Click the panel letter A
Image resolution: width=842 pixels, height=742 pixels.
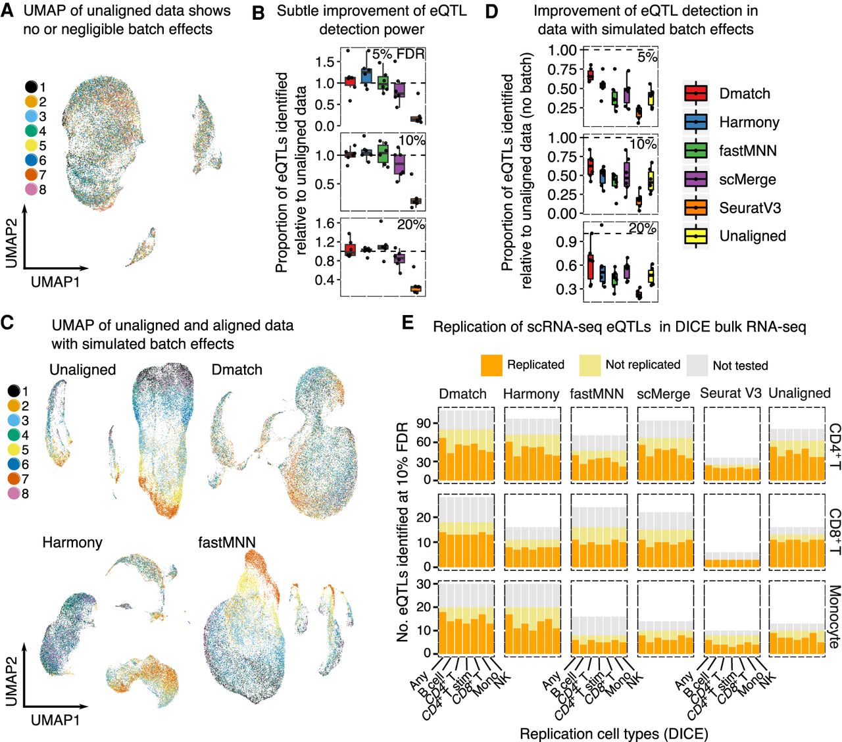click(7, 11)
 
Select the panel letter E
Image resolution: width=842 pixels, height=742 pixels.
click(408, 322)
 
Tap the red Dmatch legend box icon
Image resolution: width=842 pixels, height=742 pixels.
click(696, 93)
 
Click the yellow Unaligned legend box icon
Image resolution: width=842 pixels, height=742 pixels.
click(696, 235)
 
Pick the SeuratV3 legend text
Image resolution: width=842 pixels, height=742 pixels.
click(750, 207)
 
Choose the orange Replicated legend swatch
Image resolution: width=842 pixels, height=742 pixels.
click(491, 365)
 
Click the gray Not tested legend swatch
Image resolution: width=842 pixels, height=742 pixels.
click(697, 365)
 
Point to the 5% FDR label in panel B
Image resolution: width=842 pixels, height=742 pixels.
click(398, 54)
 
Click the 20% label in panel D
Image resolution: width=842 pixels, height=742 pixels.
click(643, 228)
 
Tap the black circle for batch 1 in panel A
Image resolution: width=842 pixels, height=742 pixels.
click(31, 87)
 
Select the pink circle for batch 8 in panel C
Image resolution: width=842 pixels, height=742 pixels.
click(14, 493)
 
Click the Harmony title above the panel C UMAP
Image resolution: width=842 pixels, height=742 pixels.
click(72, 542)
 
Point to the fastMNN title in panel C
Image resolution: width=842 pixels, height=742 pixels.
click(227, 542)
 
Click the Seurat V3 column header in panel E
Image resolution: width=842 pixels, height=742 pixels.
click(731, 393)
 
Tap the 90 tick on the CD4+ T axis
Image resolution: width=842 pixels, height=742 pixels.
click(425, 423)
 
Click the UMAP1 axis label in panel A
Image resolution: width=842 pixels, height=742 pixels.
click(55, 282)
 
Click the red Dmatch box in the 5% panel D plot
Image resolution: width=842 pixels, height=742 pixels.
click(590, 75)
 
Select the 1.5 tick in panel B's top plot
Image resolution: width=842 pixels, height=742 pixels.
click(324, 62)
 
